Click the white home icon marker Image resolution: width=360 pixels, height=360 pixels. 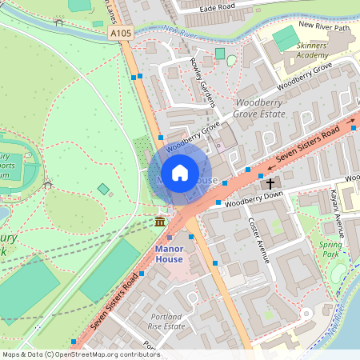180,173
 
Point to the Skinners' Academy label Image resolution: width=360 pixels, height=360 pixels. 312,50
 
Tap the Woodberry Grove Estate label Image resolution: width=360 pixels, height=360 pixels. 259,109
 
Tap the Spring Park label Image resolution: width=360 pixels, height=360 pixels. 330,250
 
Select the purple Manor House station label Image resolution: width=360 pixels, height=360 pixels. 169,254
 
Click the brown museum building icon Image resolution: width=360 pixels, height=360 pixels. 160,221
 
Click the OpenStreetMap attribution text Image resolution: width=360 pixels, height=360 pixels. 80,354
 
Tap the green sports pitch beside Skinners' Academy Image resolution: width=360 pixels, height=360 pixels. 286,38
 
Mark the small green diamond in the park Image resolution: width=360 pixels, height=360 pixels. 103,189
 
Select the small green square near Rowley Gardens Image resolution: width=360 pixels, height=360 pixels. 220,54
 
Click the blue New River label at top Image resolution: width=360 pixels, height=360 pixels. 179,32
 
